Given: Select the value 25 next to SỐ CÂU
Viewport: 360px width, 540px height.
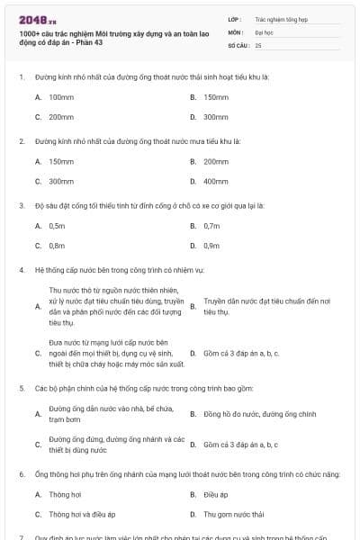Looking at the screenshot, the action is [x=258, y=44].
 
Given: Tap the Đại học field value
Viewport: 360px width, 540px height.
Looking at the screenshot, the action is [x=262, y=31].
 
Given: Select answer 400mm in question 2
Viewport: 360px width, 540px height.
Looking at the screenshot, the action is [x=216, y=182].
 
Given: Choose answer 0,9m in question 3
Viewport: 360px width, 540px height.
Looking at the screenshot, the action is [x=211, y=245].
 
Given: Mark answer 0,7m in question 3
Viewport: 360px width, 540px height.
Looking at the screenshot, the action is [x=211, y=226].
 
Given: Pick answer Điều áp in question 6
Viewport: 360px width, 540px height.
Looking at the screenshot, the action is [x=213, y=495].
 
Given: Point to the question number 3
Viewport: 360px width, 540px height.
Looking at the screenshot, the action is [x=21, y=205].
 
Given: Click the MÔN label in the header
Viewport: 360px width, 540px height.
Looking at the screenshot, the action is [x=235, y=31].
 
